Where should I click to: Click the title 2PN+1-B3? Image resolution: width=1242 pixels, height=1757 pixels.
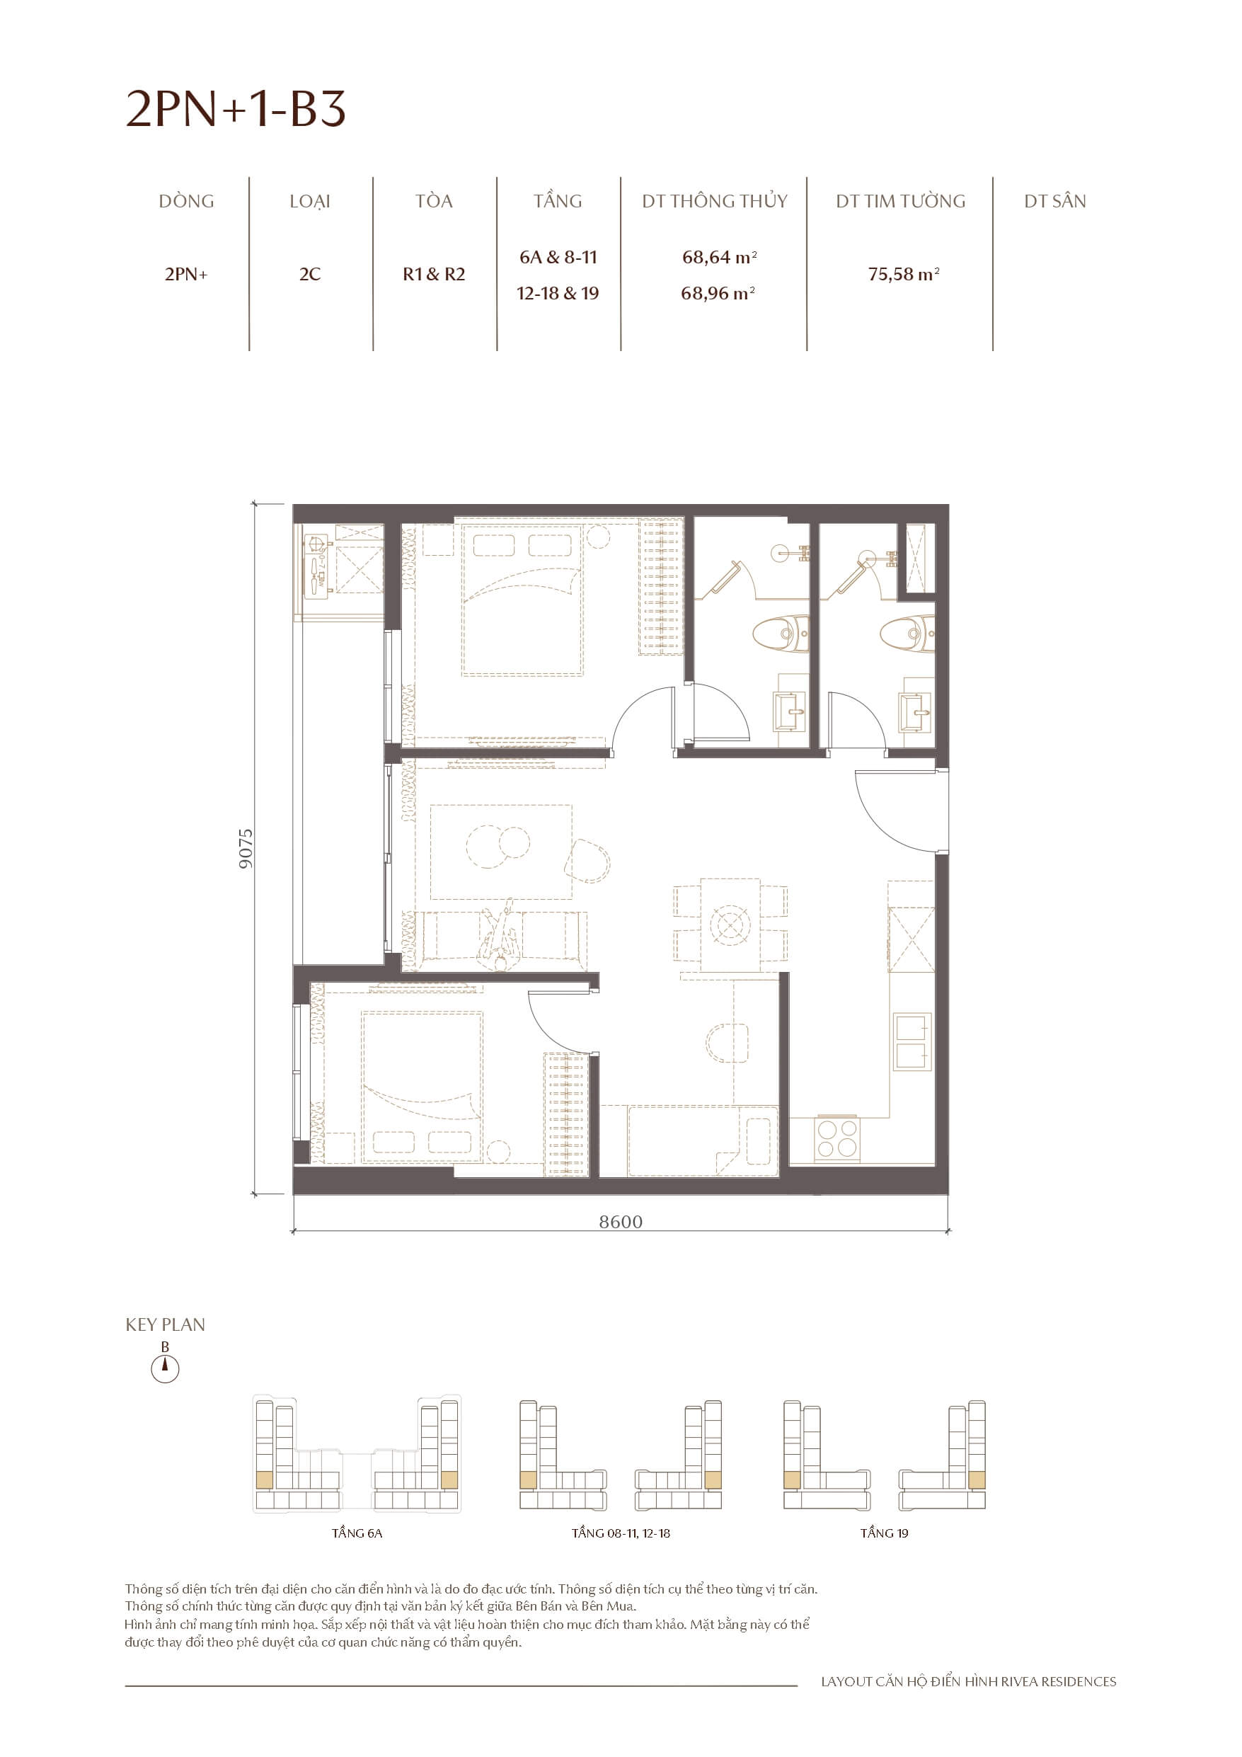[236, 109]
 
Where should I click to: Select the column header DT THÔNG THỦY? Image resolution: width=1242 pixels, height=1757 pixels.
[714, 201]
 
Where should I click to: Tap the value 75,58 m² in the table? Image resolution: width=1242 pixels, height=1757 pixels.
[903, 274]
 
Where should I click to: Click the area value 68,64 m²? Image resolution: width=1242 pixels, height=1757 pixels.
[718, 257]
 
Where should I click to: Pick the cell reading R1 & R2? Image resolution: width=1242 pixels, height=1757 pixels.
[433, 274]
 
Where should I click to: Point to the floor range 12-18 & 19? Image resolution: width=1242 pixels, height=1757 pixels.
[557, 293]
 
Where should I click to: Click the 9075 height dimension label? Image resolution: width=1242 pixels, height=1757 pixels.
[245, 848]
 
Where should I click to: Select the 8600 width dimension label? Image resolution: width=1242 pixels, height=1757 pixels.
[620, 1221]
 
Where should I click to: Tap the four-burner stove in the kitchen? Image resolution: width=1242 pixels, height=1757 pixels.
[836, 1138]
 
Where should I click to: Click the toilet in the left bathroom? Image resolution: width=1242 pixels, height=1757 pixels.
[781, 634]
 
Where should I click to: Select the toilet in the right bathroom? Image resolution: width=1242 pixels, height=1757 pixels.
[907, 633]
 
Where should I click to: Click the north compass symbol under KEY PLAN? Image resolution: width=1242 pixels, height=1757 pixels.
[164, 1368]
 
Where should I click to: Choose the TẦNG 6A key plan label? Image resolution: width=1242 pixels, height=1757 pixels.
[357, 1533]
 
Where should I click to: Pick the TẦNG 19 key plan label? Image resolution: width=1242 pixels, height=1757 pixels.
[884, 1533]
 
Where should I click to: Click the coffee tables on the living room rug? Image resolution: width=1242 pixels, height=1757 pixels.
[498, 845]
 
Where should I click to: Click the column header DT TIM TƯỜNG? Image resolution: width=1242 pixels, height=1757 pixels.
[900, 201]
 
